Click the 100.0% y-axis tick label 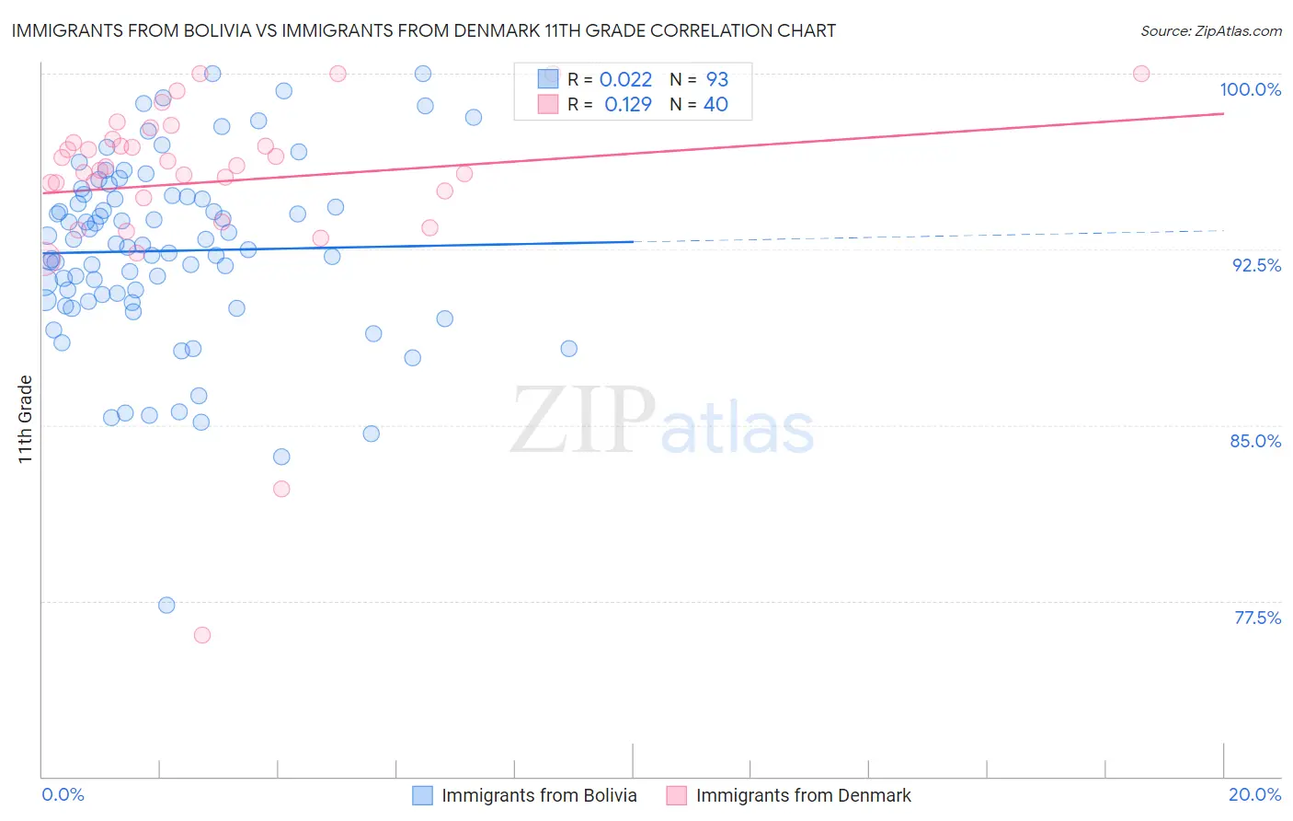click(x=1250, y=89)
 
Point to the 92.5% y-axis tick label click(x=1256, y=265)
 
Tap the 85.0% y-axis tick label click(x=1255, y=441)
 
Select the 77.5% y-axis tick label click(x=1257, y=618)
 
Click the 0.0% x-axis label click(x=63, y=794)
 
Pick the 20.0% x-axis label click(x=1254, y=794)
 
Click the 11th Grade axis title click(x=25, y=419)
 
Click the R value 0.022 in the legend click(x=625, y=80)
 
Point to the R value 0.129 click(x=627, y=105)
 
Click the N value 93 click(x=716, y=80)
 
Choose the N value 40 click(x=715, y=105)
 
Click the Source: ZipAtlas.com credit click(x=1210, y=31)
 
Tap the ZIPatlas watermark click(x=662, y=422)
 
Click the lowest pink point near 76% click(x=202, y=635)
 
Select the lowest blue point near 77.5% click(x=166, y=605)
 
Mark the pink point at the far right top click(x=1141, y=74)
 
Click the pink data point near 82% click(x=281, y=489)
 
